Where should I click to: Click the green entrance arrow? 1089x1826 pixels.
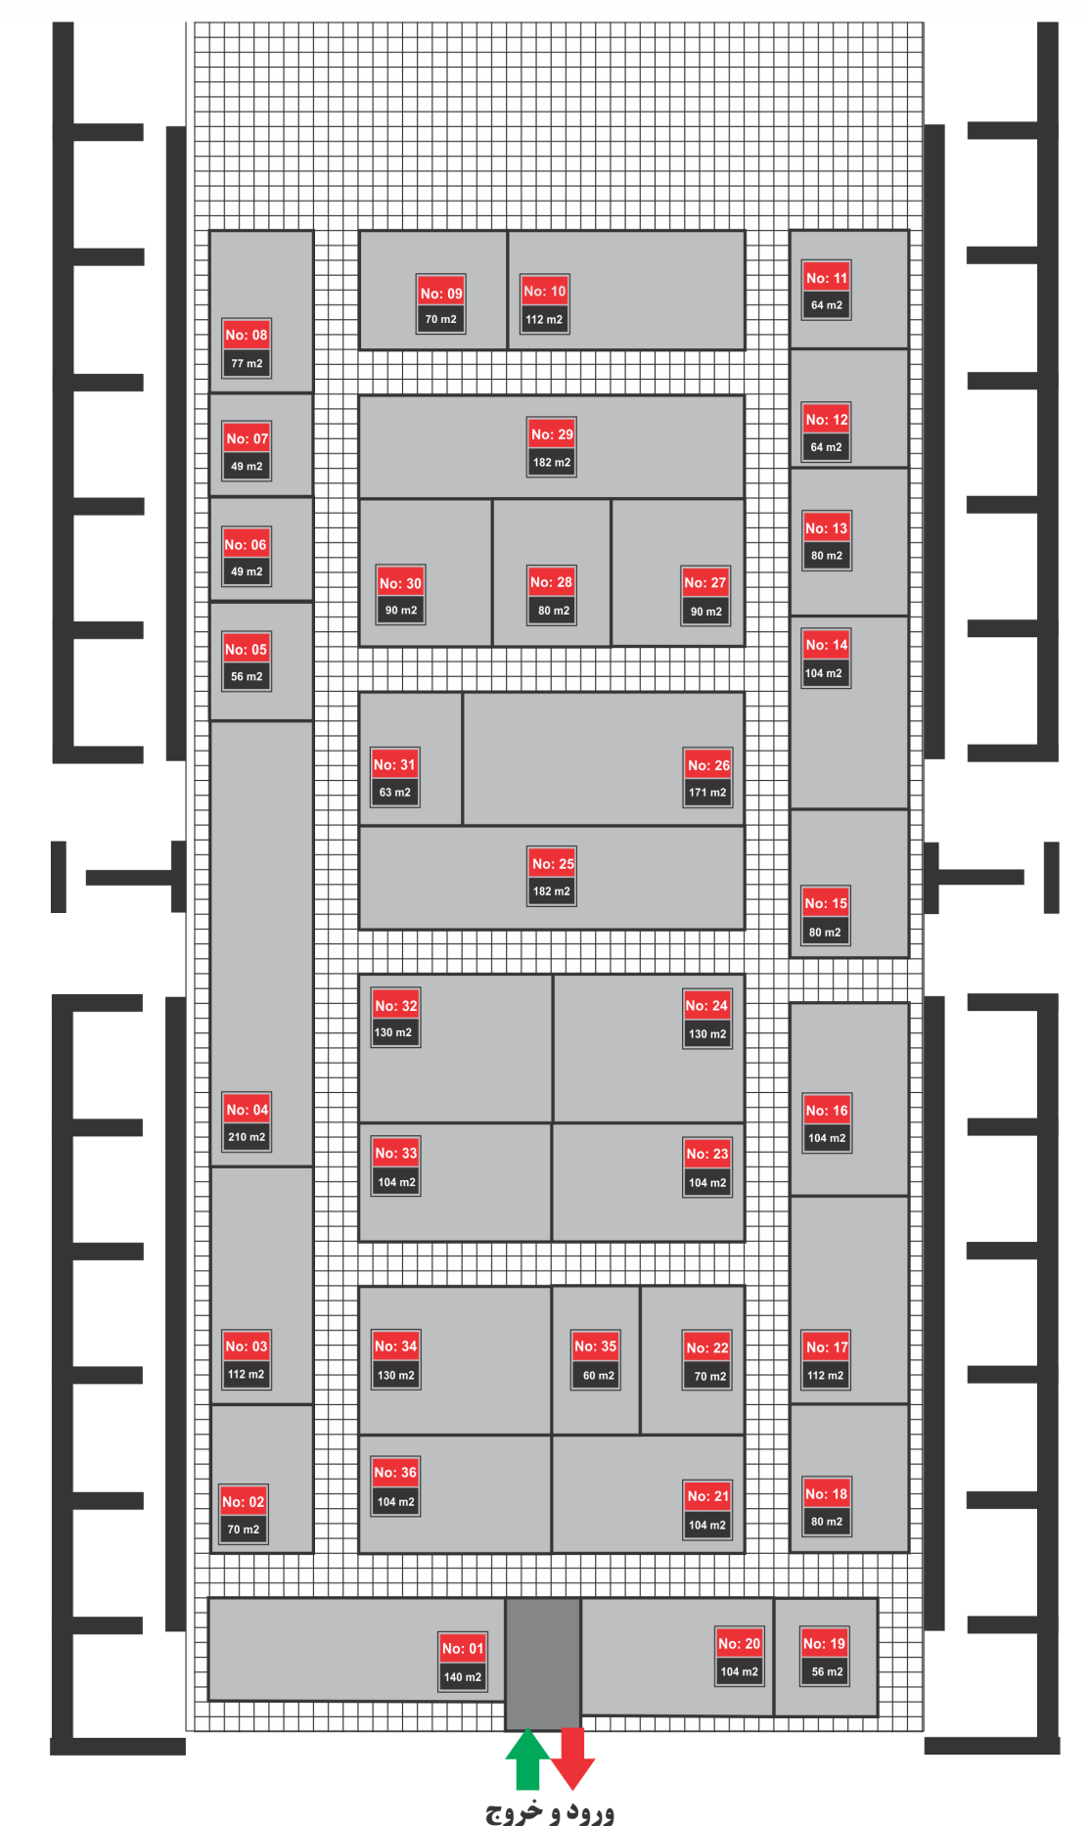coord(527,1758)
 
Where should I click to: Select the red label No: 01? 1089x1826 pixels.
coord(463,1648)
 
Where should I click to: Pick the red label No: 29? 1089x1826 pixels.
coord(552,434)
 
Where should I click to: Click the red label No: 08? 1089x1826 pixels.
coord(247,335)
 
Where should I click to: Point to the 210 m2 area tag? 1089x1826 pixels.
coord(247,1137)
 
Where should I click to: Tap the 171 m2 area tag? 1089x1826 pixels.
coord(707,793)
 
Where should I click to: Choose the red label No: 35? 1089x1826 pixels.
coord(596,1347)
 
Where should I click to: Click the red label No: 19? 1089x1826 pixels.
coord(824,1644)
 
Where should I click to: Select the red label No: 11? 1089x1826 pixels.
coord(827,278)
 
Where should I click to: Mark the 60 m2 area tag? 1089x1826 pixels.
coord(598,1376)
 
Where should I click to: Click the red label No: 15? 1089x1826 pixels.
coord(826,903)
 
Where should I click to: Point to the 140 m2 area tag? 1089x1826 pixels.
coord(463,1677)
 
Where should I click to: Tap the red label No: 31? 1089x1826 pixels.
coord(394,765)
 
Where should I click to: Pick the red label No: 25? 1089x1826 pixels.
coord(553,864)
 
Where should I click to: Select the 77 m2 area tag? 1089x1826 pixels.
coord(247,363)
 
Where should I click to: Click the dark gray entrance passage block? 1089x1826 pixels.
coord(543,1664)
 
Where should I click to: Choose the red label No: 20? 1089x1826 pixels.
coord(739,1644)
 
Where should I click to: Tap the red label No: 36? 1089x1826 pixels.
coord(395,1473)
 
